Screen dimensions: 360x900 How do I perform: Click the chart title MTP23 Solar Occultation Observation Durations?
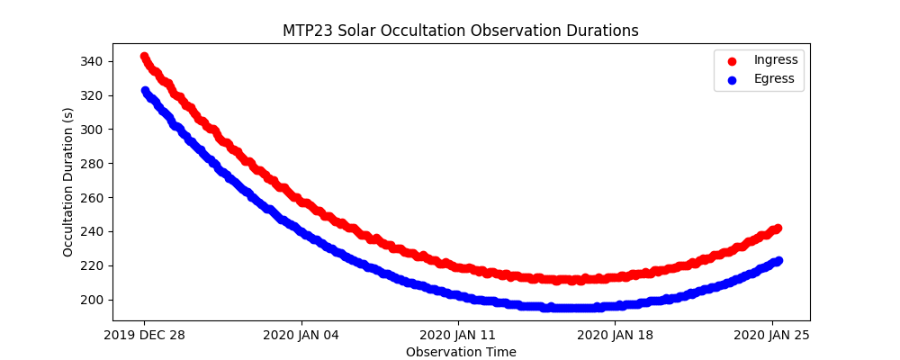point(461,31)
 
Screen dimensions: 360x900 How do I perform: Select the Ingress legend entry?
point(776,60)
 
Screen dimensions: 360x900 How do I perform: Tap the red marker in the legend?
point(732,61)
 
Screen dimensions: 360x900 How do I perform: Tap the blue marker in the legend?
point(732,80)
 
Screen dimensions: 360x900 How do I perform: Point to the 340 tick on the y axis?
point(94,61)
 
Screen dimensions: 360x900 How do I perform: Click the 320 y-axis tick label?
point(94,95)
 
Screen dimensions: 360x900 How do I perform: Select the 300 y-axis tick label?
point(94,130)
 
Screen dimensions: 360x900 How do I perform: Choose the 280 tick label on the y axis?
point(94,164)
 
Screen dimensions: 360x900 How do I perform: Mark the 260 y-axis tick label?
point(94,198)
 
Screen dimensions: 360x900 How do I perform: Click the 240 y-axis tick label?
point(94,231)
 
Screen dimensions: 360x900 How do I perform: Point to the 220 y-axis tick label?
point(94,265)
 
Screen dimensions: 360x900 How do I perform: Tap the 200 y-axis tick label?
point(94,300)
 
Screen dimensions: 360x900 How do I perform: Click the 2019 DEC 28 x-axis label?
point(144,336)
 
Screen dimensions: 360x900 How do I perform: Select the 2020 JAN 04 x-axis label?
point(301,336)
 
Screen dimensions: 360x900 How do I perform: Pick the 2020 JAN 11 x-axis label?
point(458,336)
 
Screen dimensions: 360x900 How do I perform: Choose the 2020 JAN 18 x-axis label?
point(616,336)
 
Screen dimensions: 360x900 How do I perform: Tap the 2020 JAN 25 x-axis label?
point(772,336)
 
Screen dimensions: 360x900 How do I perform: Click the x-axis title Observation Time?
point(461,352)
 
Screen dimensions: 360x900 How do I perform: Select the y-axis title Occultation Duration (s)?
point(68,182)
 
